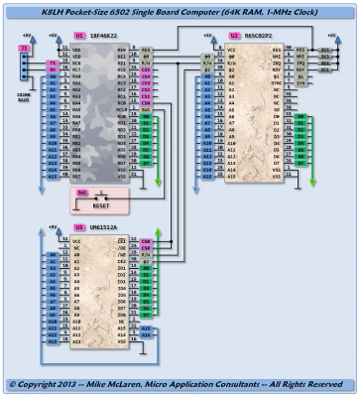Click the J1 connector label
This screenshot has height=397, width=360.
(21, 47)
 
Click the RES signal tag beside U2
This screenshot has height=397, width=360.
(300, 47)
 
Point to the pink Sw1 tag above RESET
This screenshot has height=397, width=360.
(82, 191)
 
